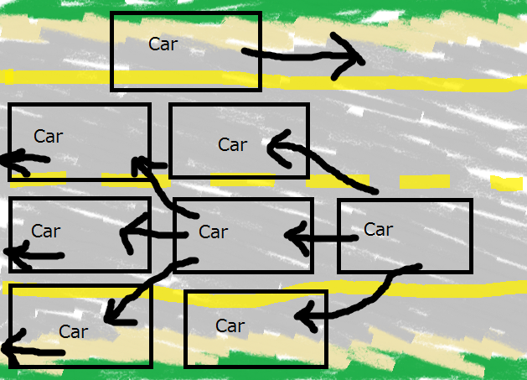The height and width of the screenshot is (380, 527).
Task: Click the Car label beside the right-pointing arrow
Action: point(163,44)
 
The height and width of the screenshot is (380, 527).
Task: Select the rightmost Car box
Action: point(405,236)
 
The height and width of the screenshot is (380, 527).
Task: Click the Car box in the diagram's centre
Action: point(243,236)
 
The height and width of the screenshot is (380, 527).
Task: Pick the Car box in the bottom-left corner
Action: point(80,326)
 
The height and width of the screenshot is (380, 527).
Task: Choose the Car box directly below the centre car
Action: point(255,329)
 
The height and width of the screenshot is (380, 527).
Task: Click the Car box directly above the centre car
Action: point(239,141)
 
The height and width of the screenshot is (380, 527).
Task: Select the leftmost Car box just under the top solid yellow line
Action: point(80,141)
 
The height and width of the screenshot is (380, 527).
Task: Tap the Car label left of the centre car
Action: point(46,231)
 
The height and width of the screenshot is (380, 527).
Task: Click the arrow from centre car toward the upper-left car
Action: point(155,185)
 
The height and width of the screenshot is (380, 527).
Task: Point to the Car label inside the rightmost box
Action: point(378,229)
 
